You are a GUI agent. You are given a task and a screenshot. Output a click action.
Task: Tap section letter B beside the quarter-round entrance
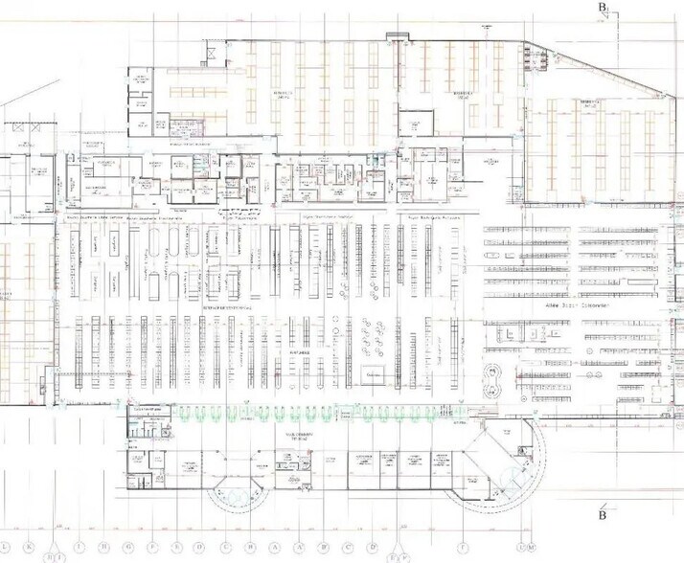(x=603, y=514)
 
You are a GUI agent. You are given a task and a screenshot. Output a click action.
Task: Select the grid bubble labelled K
(x=31, y=549)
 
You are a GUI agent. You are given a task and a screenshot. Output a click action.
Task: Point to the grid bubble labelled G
(x=129, y=549)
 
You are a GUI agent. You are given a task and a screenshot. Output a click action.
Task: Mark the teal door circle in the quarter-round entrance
(x=518, y=476)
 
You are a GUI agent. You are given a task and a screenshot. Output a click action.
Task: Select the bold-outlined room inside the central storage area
(x=415, y=124)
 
